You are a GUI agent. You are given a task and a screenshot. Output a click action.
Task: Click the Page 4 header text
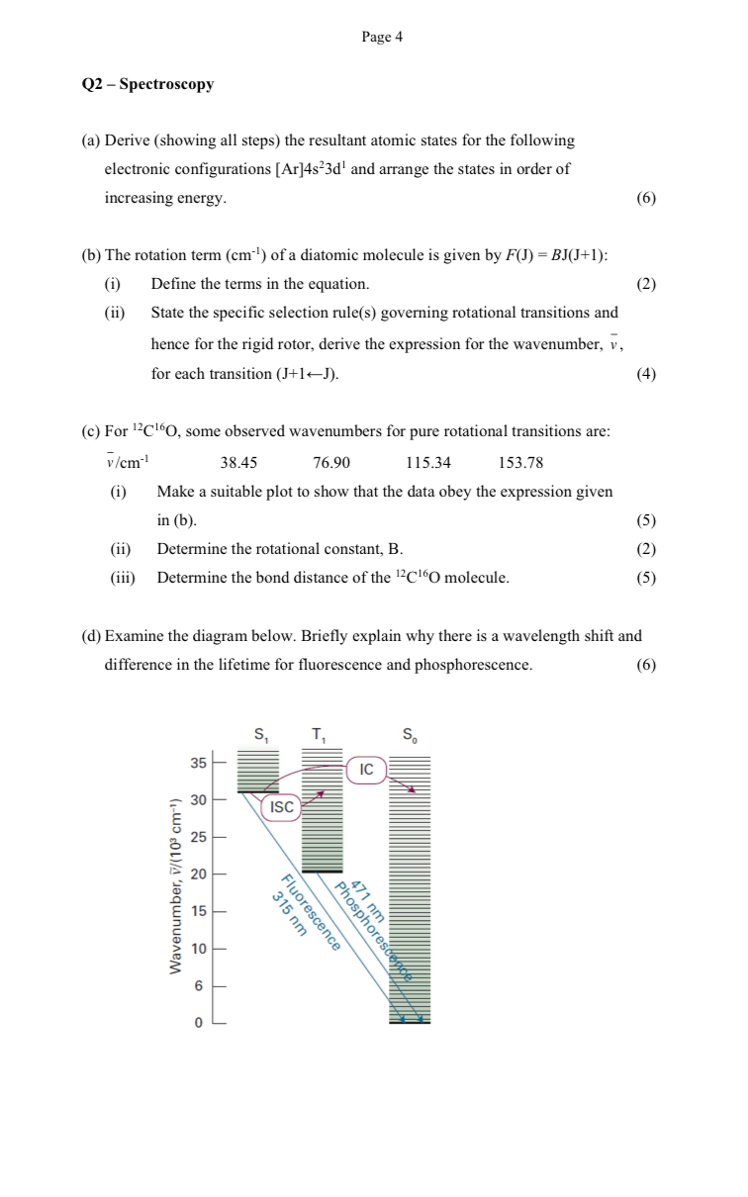click(382, 38)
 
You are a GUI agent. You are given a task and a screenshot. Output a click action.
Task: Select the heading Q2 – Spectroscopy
click(147, 84)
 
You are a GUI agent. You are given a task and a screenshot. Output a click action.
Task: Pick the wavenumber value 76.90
click(331, 462)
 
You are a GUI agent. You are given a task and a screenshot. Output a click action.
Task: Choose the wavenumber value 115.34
click(428, 462)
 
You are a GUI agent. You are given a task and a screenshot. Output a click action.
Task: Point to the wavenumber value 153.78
click(521, 462)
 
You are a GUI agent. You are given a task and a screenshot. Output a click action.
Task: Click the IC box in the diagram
click(367, 769)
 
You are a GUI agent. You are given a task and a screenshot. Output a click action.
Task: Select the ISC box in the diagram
click(282, 807)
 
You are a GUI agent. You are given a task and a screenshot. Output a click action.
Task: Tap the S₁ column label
click(260, 734)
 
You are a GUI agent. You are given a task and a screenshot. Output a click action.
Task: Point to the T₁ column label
click(319, 734)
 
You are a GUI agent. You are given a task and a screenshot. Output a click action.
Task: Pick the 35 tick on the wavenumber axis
click(199, 763)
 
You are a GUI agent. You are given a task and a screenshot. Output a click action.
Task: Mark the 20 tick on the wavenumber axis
click(199, 874)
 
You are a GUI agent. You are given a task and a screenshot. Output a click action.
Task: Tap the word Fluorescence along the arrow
click(311, 912)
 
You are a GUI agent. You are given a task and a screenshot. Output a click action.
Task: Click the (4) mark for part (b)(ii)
click(646, 374)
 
